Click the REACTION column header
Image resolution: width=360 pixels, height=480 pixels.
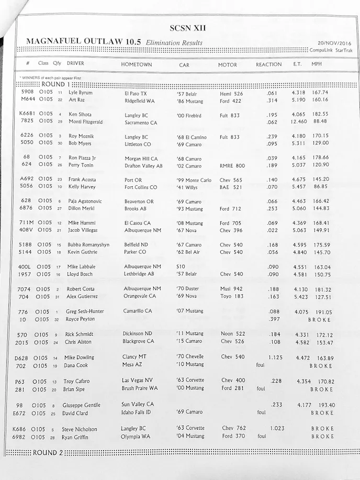coord(268,64)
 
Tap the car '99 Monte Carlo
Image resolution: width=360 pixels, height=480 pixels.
coord(194,180)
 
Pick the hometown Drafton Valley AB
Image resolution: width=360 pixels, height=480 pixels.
coord(143,165)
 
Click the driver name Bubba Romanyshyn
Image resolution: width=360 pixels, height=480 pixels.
coord(88,245)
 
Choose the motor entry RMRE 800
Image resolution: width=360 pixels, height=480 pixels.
coord(232,165)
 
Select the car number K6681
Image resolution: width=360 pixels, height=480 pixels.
coord(27,114)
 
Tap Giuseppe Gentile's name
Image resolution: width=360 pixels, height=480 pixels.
coord(81,405)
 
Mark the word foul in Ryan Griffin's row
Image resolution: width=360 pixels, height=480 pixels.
coord(262,436)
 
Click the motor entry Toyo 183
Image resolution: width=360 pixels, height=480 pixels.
coord(232,296)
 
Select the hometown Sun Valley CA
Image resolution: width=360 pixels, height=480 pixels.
coord(138,404)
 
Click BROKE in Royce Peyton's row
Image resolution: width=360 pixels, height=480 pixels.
coord(320,319)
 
